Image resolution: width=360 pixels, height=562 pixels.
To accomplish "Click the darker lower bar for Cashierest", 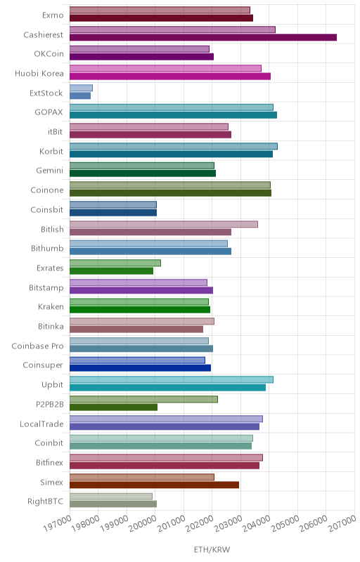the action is [203, 37].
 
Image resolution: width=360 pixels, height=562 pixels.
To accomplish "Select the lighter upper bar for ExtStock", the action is [81, 88].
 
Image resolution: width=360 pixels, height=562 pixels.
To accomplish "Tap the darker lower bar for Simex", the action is [154, 485].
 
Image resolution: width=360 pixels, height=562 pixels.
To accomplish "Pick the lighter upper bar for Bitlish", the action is [164, 224].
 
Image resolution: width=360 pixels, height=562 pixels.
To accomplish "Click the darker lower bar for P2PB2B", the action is [113, 407].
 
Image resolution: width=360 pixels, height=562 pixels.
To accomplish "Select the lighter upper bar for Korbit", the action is [174, 146].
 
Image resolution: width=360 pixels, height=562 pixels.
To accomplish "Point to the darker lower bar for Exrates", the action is [111, 271].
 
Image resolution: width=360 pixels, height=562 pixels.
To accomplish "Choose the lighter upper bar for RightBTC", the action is [111, 497].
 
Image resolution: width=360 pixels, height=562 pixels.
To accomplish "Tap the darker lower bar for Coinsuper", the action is [140, 368].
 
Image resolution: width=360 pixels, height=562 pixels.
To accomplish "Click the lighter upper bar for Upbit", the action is [172, 379].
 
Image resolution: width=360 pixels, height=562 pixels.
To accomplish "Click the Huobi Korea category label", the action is [39, 74].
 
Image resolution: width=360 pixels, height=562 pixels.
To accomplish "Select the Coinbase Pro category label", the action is [37, 346].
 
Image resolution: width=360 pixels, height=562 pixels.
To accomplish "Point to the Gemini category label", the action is [49, 171].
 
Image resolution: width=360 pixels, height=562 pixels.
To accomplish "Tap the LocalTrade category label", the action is [41, 424].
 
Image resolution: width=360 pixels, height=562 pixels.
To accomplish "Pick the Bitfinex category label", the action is [49, 462].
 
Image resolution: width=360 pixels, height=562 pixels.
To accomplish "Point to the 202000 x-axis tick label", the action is [199, 524].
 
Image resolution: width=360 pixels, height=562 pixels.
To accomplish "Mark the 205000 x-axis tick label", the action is [285, 524].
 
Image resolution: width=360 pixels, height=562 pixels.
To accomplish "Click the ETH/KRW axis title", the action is [212, 549].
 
